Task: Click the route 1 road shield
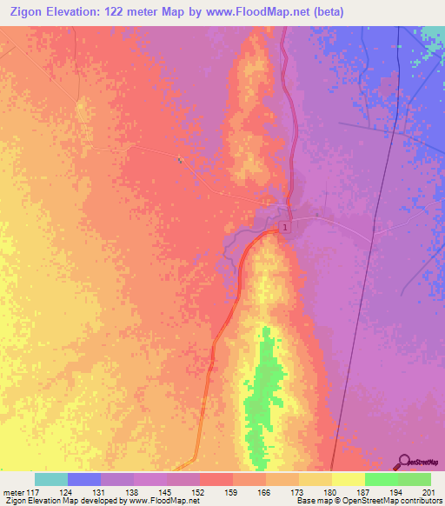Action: pos(283,227)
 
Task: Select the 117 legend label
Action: pos(33,492)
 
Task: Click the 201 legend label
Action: pos(429,492)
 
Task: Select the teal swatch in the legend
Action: pos(51,479)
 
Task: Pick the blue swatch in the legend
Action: pos(84,479)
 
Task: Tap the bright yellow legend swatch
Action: pos(349,479)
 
